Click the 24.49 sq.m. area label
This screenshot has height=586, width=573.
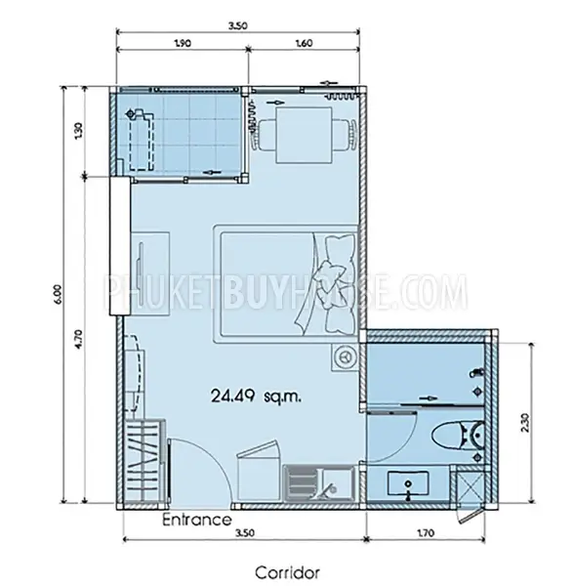point(256,396)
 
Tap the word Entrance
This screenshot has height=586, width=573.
point(197,520)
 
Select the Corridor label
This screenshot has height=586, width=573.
point(287,572)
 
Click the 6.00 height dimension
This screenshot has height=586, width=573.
point(58,295)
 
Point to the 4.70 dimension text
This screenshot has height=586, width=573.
point(79,339)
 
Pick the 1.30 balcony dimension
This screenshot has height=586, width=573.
point(79,131)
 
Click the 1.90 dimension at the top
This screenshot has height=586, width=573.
point(183,43)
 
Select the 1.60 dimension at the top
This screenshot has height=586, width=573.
point(304,43)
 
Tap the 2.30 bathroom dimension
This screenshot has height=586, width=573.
point(525,422)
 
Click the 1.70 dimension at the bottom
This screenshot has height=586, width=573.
point(426,532)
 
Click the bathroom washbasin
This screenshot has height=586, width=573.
point(408,483)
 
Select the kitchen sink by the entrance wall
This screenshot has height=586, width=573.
point(318,482)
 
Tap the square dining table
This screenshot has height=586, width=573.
point(304,136)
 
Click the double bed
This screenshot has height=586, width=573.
point(285,284)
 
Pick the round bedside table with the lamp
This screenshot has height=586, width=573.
point(345,356)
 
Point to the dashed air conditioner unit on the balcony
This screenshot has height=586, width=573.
point(141,140)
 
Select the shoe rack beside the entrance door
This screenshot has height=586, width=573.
point(144,461)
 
